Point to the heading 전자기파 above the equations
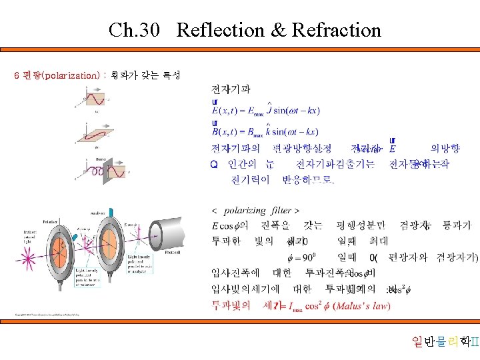[231, 89]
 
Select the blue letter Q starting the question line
[214, 164]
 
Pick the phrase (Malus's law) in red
[363, 306]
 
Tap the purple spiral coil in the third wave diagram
[98, 172]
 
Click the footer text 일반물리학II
[445, 343]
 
